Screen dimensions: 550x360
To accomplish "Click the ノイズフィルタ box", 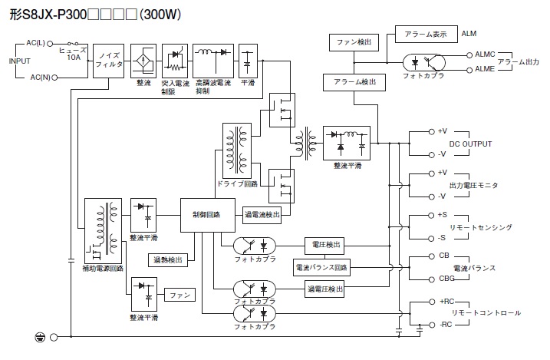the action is pos(108,61).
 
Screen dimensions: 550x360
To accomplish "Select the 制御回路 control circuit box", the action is pos(208,215).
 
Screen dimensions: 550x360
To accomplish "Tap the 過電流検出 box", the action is pos(262,215).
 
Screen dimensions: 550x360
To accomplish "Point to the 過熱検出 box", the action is pos(168,260).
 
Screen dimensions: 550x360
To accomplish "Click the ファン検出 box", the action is pos(354,42).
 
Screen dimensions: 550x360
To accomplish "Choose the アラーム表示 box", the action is pos(426,34).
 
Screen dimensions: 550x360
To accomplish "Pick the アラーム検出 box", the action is pos(354,82).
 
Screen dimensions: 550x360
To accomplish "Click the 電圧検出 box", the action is pos(324,246).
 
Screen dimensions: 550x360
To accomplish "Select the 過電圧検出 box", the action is pos(324,289).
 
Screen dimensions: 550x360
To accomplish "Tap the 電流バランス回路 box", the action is pos(321,268).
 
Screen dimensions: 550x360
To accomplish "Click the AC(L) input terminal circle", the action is pos(50,44).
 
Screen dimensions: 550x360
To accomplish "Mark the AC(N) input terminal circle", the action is pos(54,78).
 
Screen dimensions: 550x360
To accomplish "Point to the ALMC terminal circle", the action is pos(469,55).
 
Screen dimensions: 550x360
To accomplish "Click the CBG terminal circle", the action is pos(432,279).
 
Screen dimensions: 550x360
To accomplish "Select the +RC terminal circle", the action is pos(432,302).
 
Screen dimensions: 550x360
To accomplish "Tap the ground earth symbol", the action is pos(40,338).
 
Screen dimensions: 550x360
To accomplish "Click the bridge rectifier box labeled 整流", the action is pos(143,61).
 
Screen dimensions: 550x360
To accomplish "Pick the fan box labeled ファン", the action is pos(180,295).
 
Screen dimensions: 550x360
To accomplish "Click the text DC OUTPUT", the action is pos(470,144).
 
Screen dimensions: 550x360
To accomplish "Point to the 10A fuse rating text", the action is pos(74,58).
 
